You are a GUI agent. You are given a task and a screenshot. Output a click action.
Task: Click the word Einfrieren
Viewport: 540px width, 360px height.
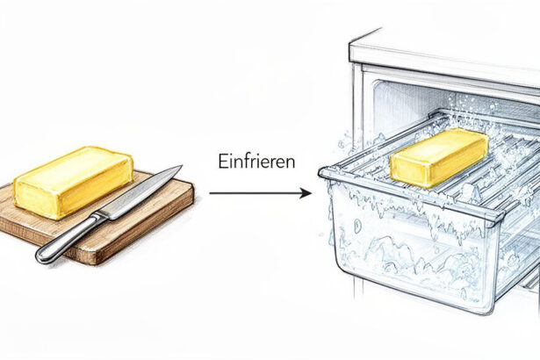pyautogui.click(x=256, y=162)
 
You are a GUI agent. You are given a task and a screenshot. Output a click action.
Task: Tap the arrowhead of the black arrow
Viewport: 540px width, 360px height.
pyautogui.click(x=306, y=193)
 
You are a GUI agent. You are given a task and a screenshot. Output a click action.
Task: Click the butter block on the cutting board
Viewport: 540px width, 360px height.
pyautogui.click(x=74, y=183)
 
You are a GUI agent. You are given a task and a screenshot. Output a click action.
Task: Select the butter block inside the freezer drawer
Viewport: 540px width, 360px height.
pyautogui.click(x=441, y=157)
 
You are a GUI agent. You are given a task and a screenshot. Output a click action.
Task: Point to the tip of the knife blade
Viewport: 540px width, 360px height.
pyautogui.click(x=181, y=166)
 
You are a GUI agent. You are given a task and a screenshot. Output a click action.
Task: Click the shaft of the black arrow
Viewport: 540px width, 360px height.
pyautogui.click(x=255, y=193)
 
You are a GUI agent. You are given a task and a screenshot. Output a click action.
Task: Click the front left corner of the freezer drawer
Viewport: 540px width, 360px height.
pyautogui.click(x=323, y=171)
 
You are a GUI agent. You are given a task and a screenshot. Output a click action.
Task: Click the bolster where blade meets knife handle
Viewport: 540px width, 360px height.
pyautogui.click(x=100, y=217)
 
